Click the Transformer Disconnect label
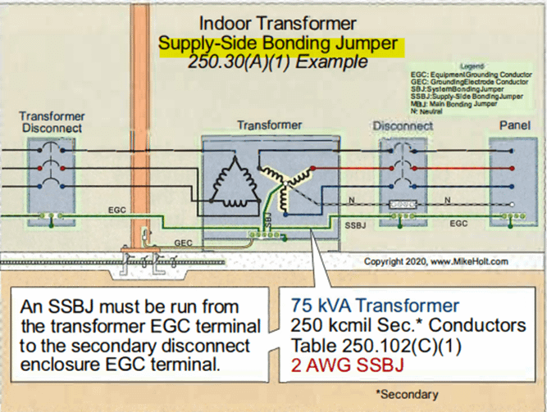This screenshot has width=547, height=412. point(52,123)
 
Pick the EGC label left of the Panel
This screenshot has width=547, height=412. point(459,223)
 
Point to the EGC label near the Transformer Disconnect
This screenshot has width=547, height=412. point(117,211)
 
